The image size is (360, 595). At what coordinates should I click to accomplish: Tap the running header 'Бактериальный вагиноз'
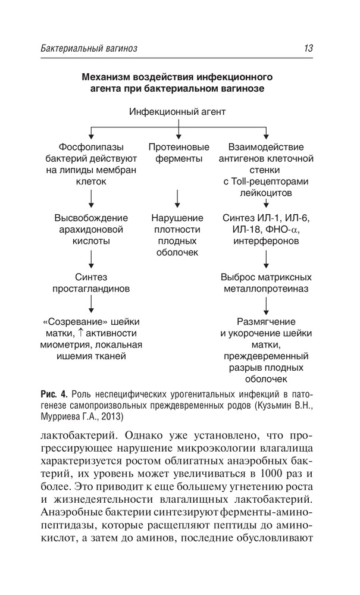pos(90,49)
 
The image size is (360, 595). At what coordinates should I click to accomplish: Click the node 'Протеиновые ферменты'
pos(179,152)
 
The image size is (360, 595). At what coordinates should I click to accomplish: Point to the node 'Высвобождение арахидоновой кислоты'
pos(90,229)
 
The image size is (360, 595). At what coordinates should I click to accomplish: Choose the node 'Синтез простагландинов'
pos(90,283)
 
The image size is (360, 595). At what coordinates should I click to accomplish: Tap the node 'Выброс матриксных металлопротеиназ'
pos(266,283)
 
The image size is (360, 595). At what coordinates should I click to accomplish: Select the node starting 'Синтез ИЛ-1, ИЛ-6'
pos(266,229)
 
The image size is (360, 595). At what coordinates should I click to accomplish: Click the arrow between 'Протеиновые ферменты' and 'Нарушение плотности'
pos(178,197)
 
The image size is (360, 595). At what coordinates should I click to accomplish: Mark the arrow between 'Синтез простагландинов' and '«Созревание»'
pos(90,305)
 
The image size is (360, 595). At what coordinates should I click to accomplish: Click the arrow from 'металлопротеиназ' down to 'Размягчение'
pos(266,305)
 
